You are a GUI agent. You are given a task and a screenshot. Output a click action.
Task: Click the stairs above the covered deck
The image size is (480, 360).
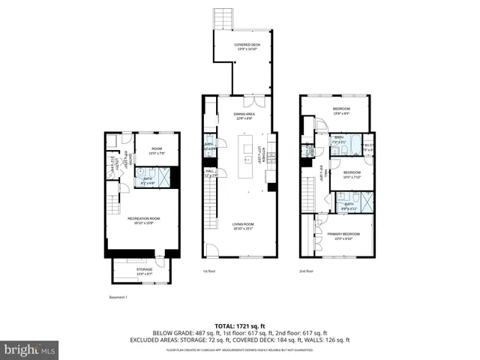pyautogui.click(x=223, y=19)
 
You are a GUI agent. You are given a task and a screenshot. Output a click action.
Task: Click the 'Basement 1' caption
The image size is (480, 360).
pyautogui.click(x=118, y=298)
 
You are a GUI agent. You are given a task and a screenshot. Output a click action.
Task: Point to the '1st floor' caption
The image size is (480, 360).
pyautogui.click(x=210, y=271)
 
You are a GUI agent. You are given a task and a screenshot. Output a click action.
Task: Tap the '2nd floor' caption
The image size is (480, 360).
pyautogui.click(x=307, y=271)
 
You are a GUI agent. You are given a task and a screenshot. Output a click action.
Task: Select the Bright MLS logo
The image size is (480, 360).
pyautogui.click(x=29, y=349)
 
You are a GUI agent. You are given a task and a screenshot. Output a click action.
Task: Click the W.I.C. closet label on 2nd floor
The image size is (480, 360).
pyautogui.click(x=367, y=146)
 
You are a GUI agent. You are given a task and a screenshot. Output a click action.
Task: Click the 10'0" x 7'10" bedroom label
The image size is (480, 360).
pyautogui.click(x=352, y=175)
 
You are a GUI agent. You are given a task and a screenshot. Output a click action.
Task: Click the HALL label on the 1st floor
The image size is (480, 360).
pyautogui.click(x=210, y=173)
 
